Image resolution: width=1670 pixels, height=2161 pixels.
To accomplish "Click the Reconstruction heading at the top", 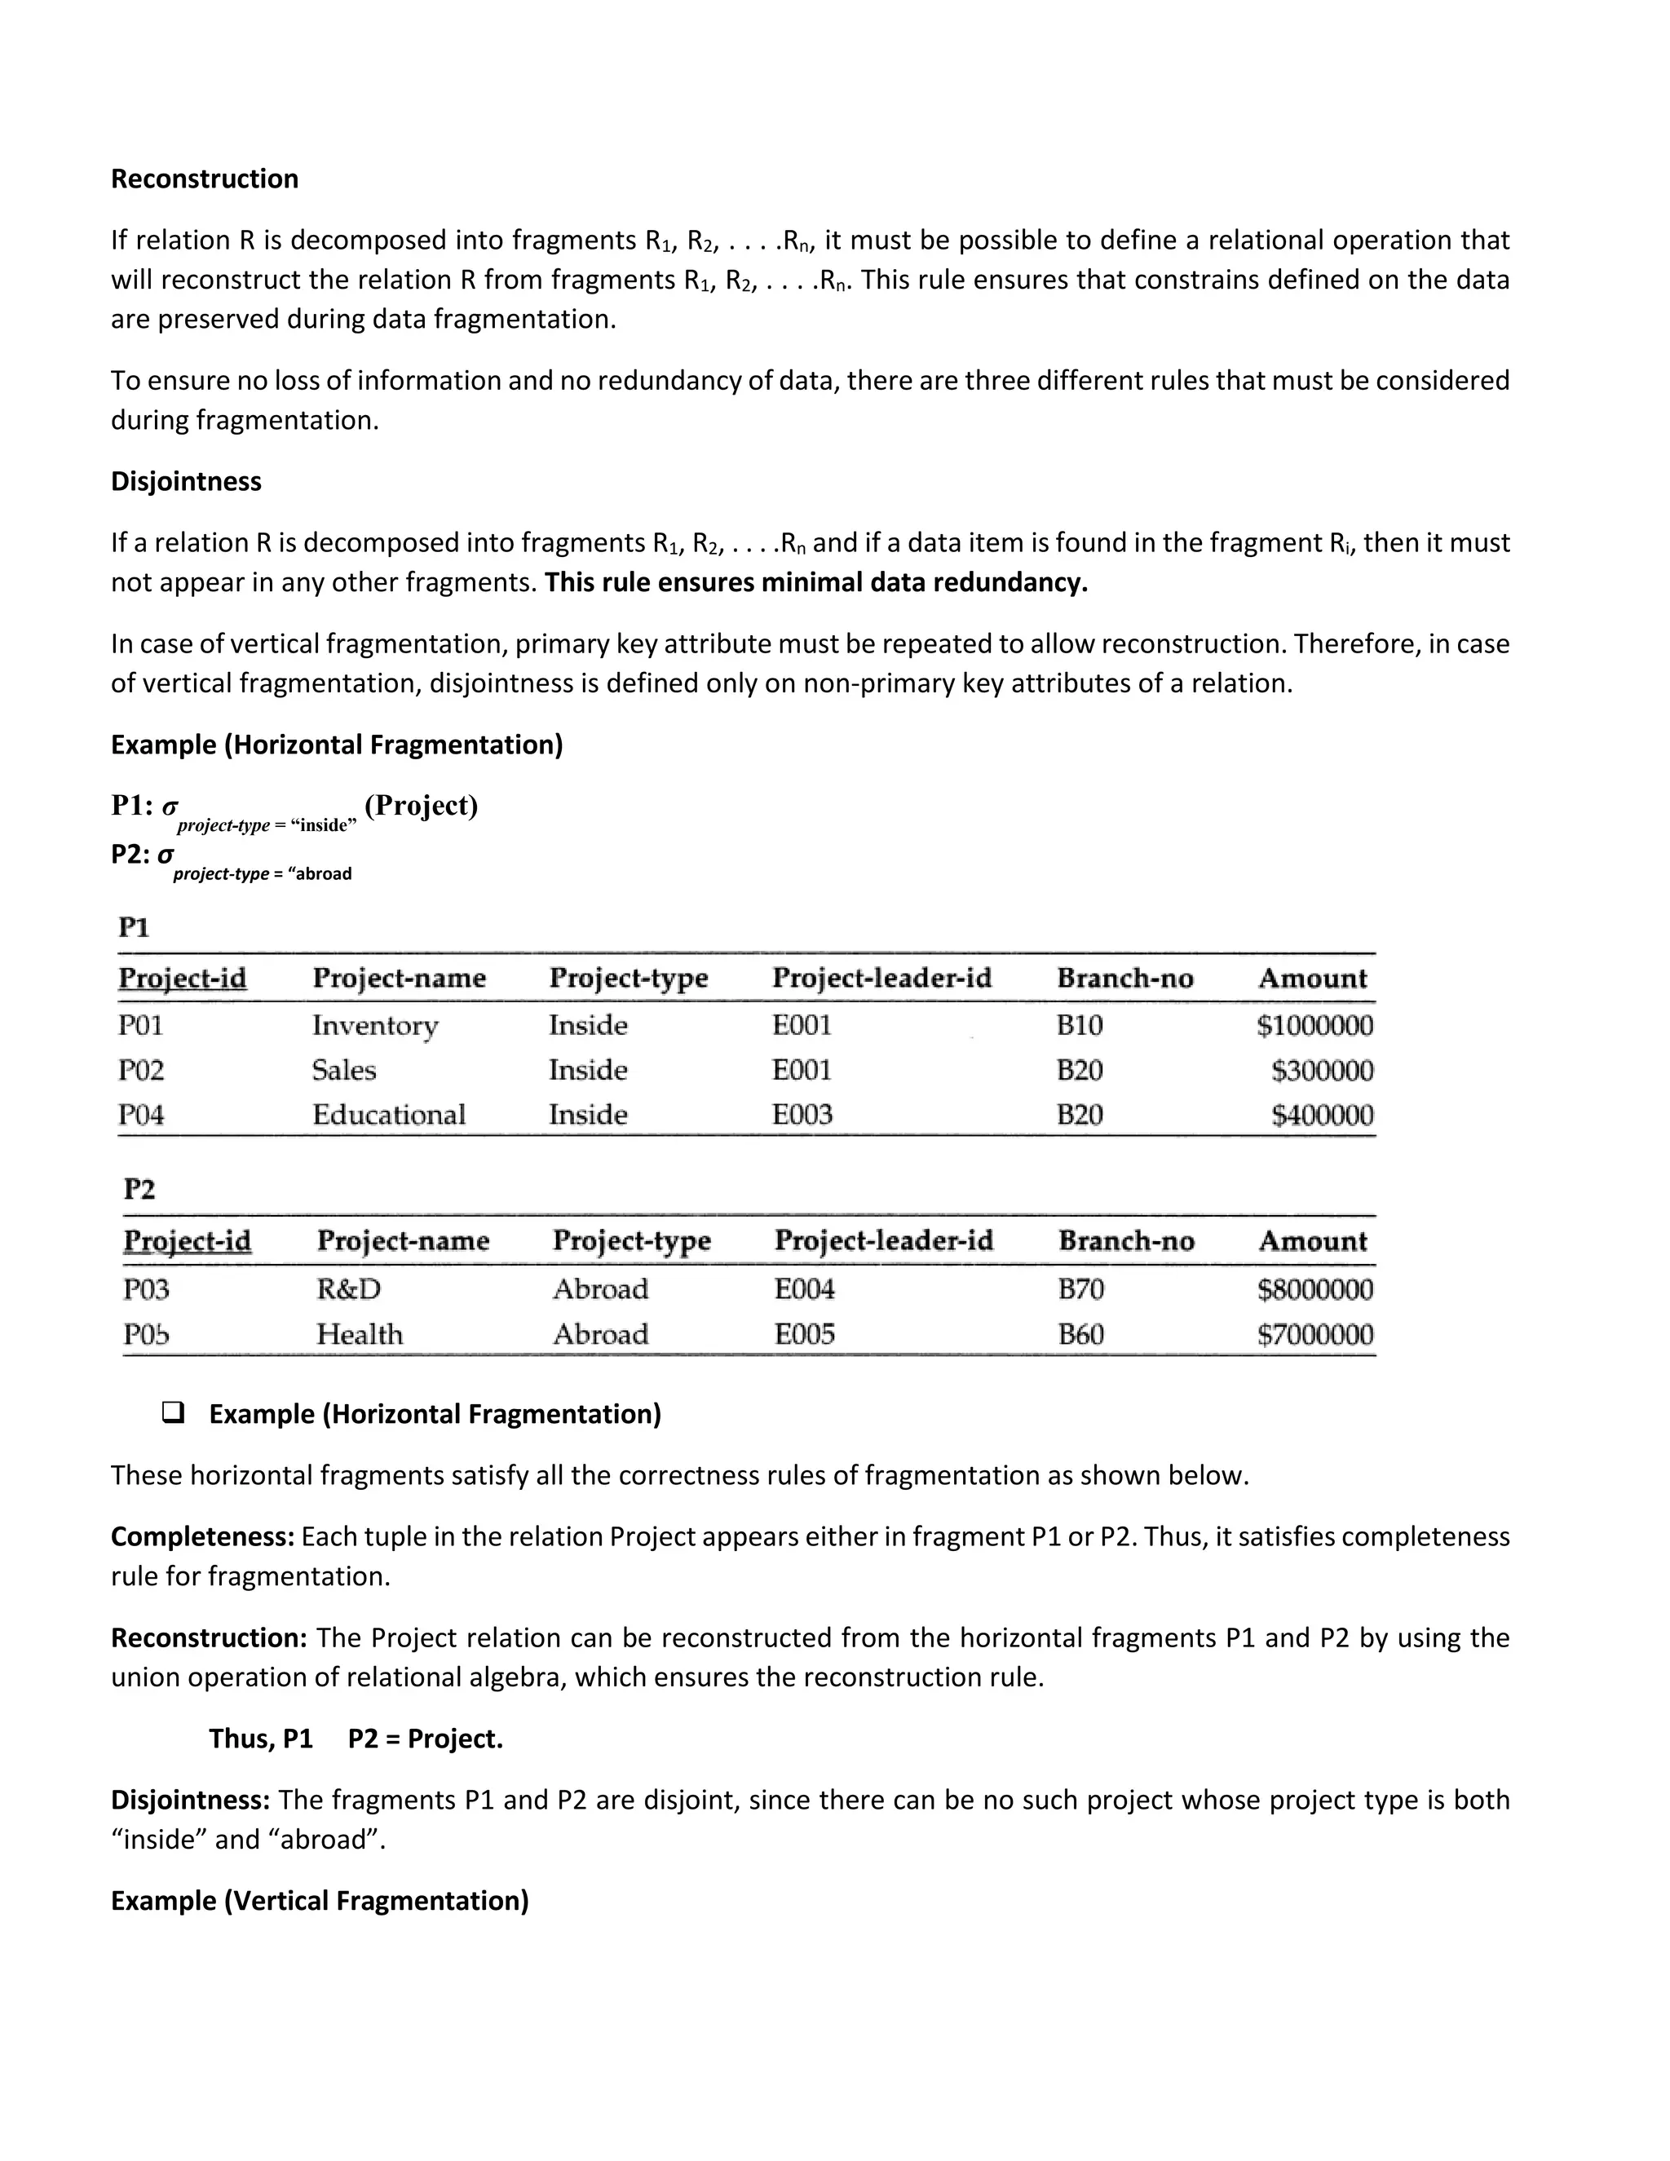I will (204, 179).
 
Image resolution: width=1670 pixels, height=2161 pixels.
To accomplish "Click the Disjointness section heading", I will (186, 482).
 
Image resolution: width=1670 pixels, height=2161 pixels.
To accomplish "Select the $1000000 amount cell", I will (1314, 1025).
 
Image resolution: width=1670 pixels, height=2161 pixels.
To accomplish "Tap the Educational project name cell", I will (389, 1115).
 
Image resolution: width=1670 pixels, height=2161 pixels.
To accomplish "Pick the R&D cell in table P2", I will (348, 1289).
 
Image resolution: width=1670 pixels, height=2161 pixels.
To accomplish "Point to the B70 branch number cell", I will (1080, 1289).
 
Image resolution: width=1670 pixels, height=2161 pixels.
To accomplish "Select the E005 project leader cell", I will (804, 1335).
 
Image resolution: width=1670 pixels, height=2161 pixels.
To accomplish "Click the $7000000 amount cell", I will (1314, 1335).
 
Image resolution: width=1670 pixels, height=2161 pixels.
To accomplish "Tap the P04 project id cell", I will (140, 1115).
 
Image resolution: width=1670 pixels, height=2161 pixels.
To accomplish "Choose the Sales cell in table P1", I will (343, 1071).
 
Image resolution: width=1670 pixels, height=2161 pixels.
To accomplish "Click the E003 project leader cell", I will (802, 1115).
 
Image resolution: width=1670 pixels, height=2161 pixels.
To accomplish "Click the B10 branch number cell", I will (1080, 1025).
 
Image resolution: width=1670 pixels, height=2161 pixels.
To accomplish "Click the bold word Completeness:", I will (203, 1536).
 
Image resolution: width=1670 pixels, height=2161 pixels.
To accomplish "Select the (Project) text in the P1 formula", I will (421, 806).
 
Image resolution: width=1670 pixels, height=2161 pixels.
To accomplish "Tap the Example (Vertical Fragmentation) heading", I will (320, 1901).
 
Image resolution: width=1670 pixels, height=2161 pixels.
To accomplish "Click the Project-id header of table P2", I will (187, 1241).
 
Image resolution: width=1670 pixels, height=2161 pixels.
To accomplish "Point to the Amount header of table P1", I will (1312, 979).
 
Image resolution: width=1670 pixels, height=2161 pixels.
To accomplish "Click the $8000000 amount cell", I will (1314, 1289).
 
